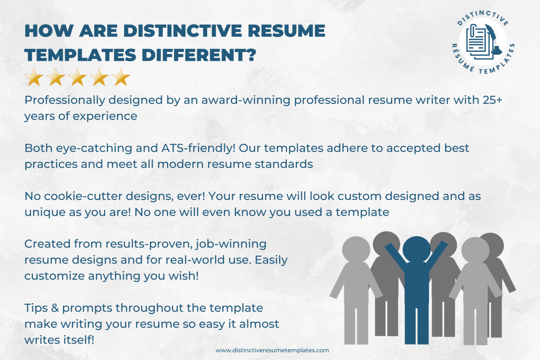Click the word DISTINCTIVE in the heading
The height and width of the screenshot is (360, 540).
[183, 31]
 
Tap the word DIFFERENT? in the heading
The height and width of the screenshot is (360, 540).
[199, 55]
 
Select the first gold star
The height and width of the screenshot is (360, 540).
[34, 77]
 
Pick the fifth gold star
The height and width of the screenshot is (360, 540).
[121, 77]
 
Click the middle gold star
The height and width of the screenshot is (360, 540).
[78, 77]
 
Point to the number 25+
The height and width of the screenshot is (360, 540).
[492, 100]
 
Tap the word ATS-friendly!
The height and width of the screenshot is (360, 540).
[198, 148]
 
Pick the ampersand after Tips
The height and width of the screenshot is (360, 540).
[55, 308]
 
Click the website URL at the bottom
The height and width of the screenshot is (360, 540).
[272, 350]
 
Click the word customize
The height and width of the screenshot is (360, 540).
[54, 276]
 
